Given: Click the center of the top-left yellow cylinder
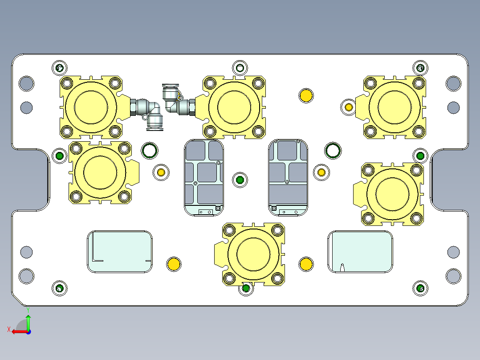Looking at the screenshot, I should click(x=91, y=107).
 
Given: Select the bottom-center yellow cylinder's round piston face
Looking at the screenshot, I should click(x=254, y=254).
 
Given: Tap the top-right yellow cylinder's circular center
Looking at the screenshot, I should click(x=394, y=107).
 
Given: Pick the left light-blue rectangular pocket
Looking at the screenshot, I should click(x=119, y=252).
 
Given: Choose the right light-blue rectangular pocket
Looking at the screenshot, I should click(x=360, y=252).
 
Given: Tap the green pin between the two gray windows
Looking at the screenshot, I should click(x=240, y=180).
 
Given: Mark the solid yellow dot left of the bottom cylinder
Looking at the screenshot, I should click(x=173, y=264).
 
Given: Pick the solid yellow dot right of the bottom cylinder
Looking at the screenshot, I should click(x=306, y=264).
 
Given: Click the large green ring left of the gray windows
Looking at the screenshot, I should click(x=149, y=151).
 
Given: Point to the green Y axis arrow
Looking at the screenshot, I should click(x=28, y=321).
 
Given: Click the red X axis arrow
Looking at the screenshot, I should click(x=18, y=331).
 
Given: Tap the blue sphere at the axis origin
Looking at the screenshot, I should click(x=28, y=331).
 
